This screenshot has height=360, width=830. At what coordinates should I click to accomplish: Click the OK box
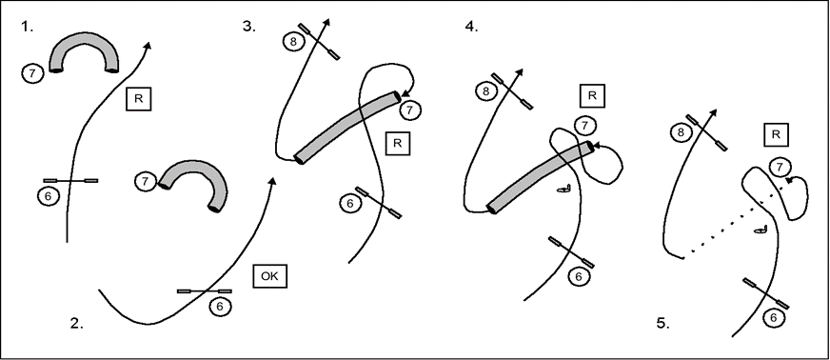coord(270,276)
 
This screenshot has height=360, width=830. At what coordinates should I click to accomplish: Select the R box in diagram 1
coord(139,99)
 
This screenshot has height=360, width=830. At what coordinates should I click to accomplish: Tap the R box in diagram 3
coord(398,143)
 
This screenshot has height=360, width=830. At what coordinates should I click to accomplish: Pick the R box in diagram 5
coord(776,134)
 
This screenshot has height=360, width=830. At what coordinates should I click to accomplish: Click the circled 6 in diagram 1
coord(49,196)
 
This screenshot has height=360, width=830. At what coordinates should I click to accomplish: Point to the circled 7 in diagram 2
coord(145,182)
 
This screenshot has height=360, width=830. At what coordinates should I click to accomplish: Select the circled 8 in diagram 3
coord(294,41)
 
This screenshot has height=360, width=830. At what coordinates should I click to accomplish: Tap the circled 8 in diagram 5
coord(681,131)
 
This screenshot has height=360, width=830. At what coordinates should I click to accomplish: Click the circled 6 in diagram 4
coord(579,276)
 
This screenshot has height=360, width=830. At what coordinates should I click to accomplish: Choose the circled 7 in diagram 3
coord(409,110)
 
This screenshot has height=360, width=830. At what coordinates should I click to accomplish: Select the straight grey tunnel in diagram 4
coord(540,177)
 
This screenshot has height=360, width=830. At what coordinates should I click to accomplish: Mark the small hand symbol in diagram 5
coord(761,230)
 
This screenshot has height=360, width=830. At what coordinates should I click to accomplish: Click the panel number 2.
coord(77,323)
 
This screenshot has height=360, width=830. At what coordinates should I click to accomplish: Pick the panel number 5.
coord(663,323)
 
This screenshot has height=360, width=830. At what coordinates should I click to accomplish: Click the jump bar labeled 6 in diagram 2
coord(205,291)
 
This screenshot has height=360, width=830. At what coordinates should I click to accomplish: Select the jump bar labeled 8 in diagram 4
coord(512,91)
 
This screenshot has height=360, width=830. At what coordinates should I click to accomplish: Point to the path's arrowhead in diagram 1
coord(148,45)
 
